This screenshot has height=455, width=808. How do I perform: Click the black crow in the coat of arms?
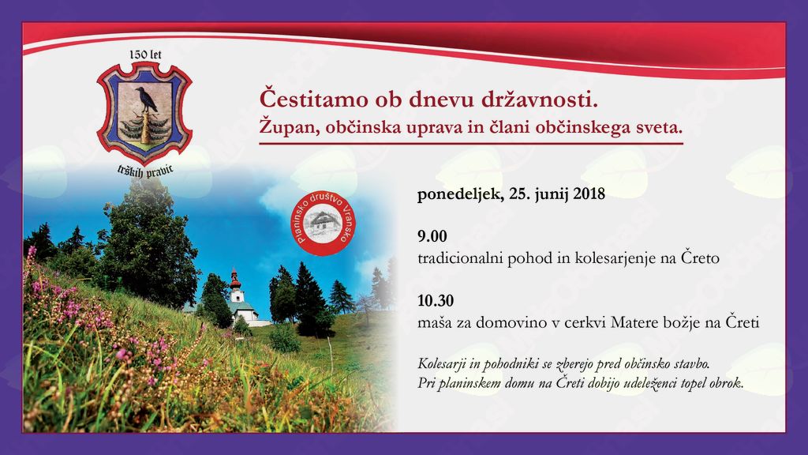tap(146, 100)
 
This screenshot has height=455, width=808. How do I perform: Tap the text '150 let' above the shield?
tap(145, 55)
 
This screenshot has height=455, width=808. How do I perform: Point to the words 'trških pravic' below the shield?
tap(145, 171)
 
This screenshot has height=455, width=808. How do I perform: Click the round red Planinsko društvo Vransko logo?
tap(323, 224)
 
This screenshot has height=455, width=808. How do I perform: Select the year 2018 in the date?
tap(589, 194)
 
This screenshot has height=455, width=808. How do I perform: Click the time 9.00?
tap(432, 236)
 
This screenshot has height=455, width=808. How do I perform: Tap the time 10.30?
tap(436, 301)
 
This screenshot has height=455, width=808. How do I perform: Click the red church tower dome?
tap(235, 279)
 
